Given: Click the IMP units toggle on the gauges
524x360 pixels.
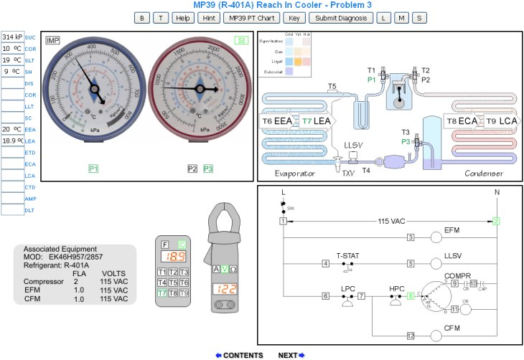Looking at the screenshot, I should point(52,40).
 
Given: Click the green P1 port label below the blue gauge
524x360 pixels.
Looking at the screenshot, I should point(93,169).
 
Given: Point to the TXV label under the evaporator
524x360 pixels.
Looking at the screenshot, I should point(348,174).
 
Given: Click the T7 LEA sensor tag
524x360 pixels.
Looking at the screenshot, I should point(316,121).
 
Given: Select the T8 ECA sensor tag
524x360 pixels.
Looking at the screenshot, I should point(462,121).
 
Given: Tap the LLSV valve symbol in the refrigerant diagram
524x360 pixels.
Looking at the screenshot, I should point(352,156).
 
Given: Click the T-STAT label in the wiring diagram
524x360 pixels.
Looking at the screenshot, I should point(348,255).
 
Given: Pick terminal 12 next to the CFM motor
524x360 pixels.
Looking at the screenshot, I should point(411,335).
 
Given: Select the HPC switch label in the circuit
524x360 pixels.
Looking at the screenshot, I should point(397,288).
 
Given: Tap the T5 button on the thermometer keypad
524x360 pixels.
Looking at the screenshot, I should point(173,283).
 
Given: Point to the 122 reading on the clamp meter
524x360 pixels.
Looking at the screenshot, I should point(225,289).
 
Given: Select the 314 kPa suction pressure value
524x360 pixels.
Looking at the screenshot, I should point(12,37).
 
